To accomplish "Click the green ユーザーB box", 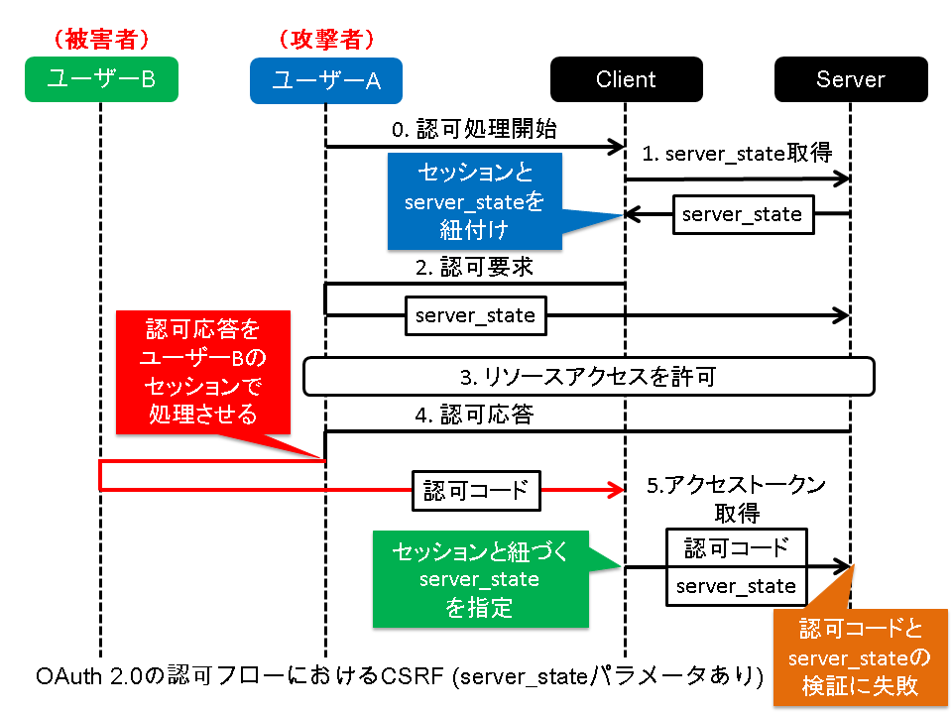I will click(x=101, y=79).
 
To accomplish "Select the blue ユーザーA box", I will click(x=326, y=79).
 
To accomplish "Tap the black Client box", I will click(x=626, y=79).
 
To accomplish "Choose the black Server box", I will click(x=851, y=79).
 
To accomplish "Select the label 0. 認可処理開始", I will click(x=474, y=130).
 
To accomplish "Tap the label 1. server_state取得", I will click(x=737, y=154).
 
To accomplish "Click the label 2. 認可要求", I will click(x=474, y=267).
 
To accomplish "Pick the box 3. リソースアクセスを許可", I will click(x=588, y=377).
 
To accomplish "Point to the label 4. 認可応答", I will click(x=474, y=415).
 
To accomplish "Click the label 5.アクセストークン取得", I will click(x=736, y=498).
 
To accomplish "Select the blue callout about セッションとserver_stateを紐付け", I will click(x=474, y=201).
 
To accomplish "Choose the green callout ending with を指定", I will click(x=480, y=578).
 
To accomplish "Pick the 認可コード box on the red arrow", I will click(x=476, y=490).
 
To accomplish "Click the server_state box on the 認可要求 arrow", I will click(x=475, y=316).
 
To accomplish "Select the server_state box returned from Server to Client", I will click(x=742, y=214).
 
